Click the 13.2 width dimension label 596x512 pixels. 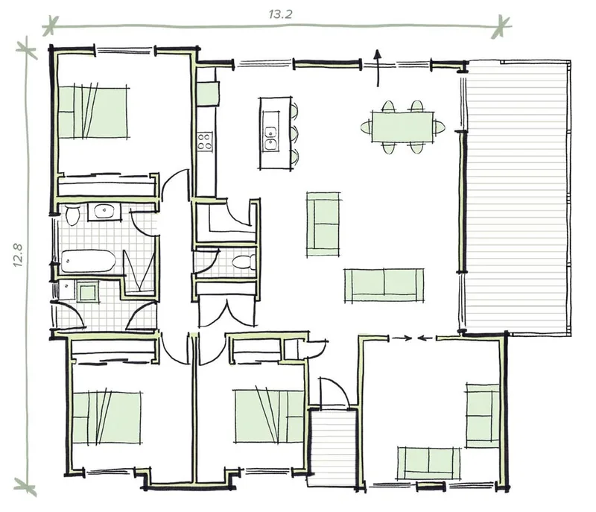(x=281, y=14)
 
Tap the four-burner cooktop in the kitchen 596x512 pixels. (x=205, y=142)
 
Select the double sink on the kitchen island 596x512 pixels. (x=271, y=139)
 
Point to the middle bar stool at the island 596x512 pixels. (x=294, y=133)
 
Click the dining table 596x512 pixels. (x=403, y=127)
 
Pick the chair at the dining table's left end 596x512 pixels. (x=366, y=127)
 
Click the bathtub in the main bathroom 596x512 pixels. (x=88, y=261)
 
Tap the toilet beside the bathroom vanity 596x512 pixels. (x=72, y=215)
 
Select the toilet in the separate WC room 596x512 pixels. (x=244, y=262)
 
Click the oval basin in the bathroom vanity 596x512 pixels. (x=104, y=211)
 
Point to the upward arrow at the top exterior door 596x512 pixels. (x=378, y=68)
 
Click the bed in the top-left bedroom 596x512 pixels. (x=92, y=112)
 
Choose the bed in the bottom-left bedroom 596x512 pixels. (x=107, y=417)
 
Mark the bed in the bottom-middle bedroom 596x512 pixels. (x=269, y=416)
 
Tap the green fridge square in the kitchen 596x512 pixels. (x=208, y=92)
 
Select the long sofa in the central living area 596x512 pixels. (x=384, y=286)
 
